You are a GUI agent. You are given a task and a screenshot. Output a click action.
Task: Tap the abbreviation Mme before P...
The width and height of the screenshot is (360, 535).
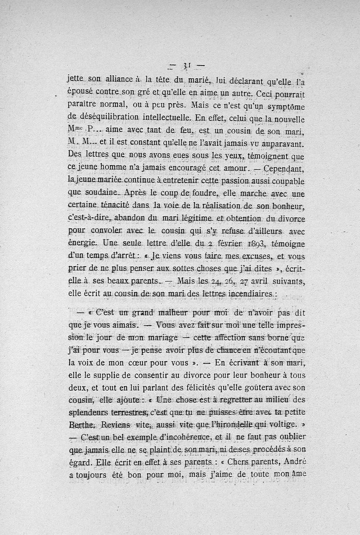click(75, 131)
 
